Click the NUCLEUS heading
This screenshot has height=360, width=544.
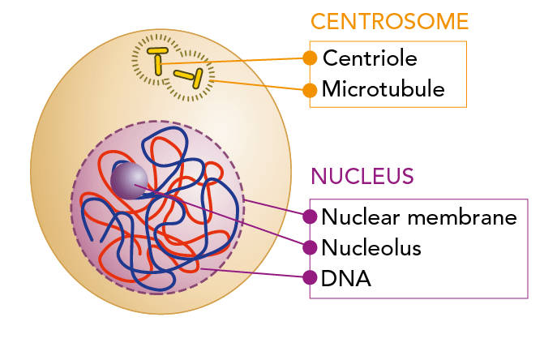click(362, 176)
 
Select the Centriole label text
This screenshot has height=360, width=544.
click(369, 58)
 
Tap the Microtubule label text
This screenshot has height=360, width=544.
click(383, 89)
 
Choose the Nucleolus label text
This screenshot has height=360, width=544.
click(371, 247)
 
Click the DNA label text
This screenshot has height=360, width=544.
click(346, 278)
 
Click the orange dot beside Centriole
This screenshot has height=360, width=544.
click(309, 58)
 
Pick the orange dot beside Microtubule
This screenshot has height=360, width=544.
click(309, 89)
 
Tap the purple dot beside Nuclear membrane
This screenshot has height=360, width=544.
click(309, 217)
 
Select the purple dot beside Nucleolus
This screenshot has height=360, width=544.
click(309, 247)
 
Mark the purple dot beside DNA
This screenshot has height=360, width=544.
click(309, 278)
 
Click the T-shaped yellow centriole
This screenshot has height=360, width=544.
click(158, 60)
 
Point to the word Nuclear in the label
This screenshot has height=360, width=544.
click(360, 217)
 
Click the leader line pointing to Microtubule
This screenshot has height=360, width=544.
click(259, 84)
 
